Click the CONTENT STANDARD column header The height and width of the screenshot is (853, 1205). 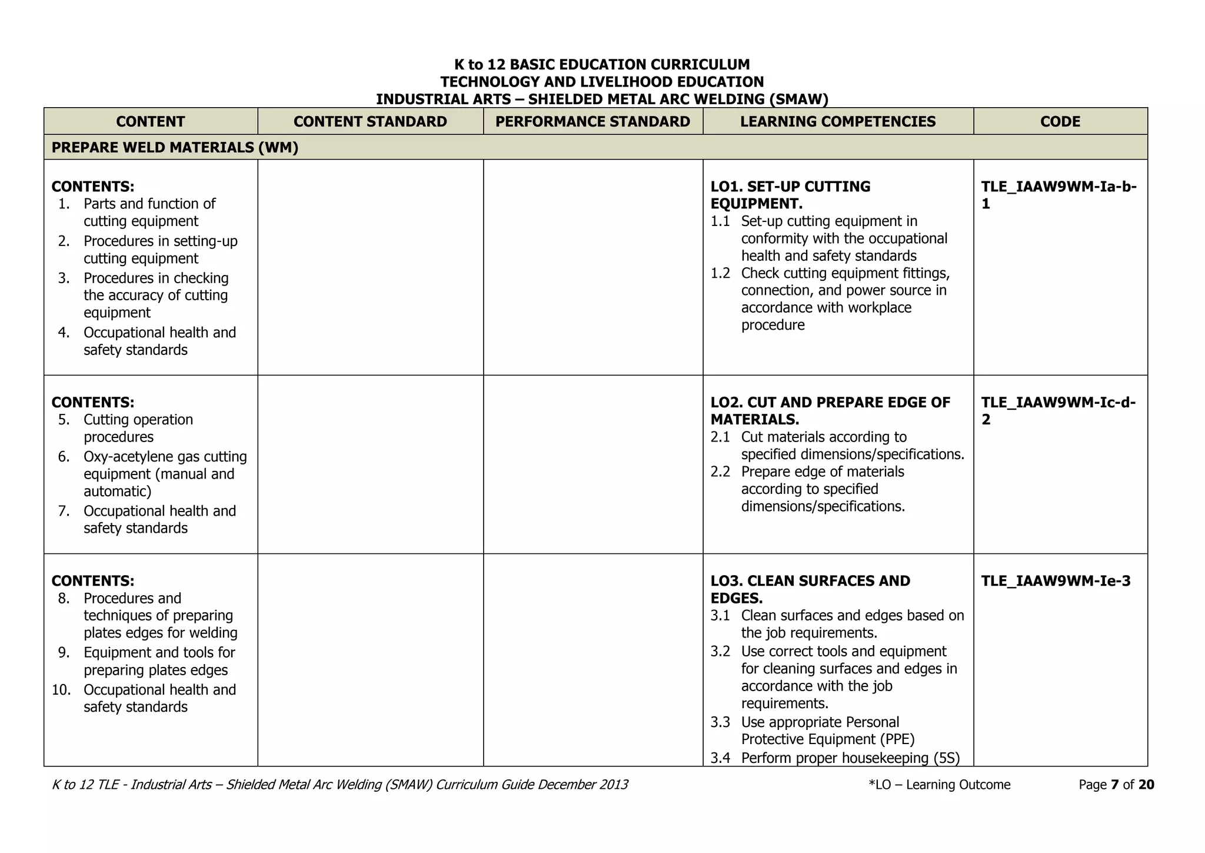(x=370, y=122)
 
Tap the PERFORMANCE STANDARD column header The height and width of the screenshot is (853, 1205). (x=592, y=122)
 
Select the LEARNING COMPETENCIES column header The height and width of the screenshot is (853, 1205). (x=838, y=122)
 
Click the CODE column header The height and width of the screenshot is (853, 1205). (x=1060, y=122)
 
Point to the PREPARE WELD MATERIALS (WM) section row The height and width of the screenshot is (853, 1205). (x=175, y=148)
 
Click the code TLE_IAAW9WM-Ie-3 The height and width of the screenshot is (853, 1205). (x=1056, y=581)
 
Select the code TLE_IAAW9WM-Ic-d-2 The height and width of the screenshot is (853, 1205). (x=1058, y=411)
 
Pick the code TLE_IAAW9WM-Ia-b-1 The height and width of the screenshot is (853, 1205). (x=1058, y=195)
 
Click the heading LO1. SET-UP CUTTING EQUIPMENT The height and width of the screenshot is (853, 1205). (x=790, y=195)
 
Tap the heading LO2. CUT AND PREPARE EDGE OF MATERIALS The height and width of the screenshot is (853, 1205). (x=830, y=411)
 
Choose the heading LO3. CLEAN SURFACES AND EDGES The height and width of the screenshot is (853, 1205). (x=810, y=589)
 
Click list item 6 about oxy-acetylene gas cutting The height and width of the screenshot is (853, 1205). (x=165, y=474)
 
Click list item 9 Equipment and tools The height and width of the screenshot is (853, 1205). (x=159, y=661)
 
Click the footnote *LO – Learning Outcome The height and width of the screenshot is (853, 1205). (x=939, y=785)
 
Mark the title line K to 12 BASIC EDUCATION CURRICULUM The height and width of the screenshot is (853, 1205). (x=602, y=65)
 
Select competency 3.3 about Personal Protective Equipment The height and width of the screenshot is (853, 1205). (x=827, y=731)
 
